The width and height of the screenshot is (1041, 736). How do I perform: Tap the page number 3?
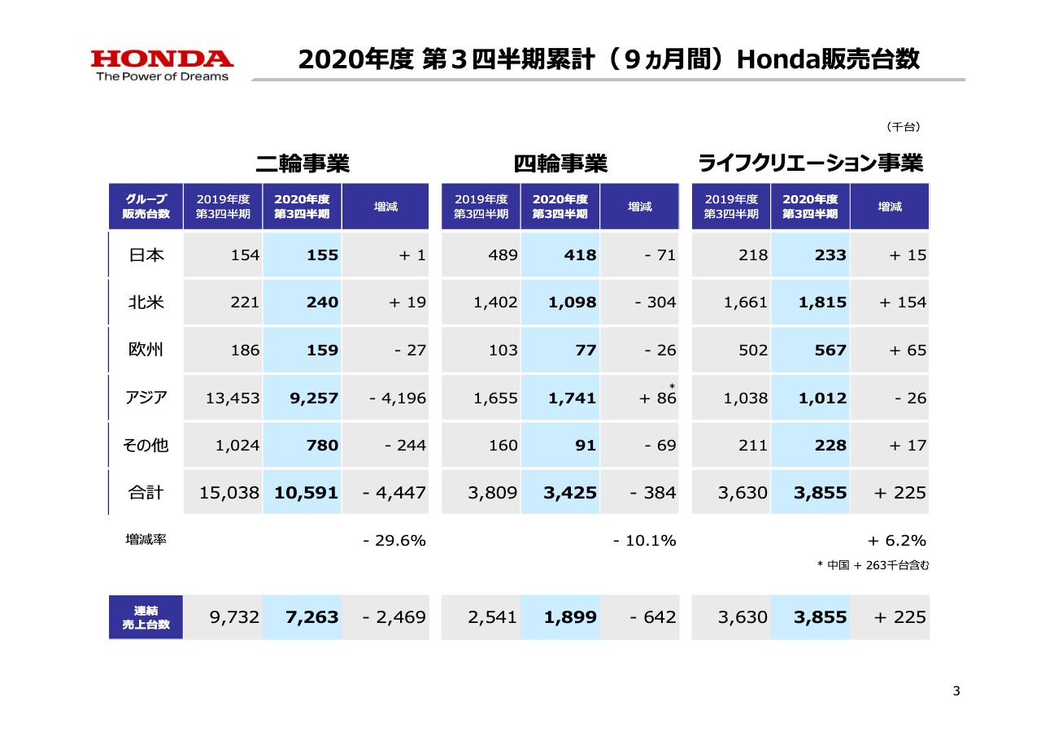pos(956,691)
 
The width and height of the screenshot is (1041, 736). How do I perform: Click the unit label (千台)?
pos(902,127)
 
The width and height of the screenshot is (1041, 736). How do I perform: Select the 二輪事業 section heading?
pos(302,163)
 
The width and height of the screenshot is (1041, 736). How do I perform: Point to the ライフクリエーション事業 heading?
pos(811,163)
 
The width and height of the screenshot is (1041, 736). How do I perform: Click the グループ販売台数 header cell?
pos(146,207)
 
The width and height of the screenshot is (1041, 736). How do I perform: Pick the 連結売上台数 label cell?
pos(146,617)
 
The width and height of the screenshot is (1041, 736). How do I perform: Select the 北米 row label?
pos(146,303)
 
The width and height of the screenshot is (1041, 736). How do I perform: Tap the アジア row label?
pos(146,398)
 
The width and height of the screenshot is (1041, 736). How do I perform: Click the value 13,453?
pos(233,398)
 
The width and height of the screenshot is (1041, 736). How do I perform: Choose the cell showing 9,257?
pos(312,398)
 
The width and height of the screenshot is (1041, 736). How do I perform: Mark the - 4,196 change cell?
pos(397,398)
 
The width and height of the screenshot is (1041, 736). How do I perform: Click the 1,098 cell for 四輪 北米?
pos(570,303)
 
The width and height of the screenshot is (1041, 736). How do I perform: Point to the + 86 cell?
pos(658,398)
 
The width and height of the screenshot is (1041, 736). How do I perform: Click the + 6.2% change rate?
pos(898,541)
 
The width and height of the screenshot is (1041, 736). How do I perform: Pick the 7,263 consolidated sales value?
pos(312,617)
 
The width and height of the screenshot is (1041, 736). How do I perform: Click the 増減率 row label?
pos(146,539)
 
